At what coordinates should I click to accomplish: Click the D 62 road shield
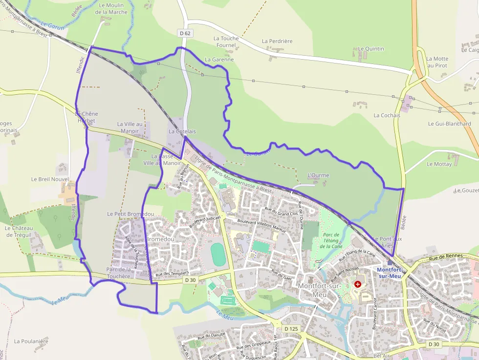coord(184,33)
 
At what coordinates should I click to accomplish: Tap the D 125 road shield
coord(290,329)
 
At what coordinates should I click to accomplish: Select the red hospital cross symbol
coord(358,284)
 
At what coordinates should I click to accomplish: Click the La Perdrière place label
coord(277,41)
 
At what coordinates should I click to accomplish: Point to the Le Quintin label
coord(371,49)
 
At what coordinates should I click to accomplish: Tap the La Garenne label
coord(219,60)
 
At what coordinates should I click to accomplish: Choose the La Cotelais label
coord(182,131)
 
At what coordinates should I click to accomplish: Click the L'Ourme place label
coord(318,175)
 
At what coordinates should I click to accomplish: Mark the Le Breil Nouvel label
coord(50,179)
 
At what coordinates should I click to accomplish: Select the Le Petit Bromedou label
coord(131,214)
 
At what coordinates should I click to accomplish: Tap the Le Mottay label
coord(439,164)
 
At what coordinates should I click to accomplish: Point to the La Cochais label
coord(387,115)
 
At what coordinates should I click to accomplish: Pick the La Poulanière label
coord(31,341)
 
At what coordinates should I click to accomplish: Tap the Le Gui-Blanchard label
coord(449,124)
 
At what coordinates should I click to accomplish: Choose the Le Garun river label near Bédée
coord(53,25)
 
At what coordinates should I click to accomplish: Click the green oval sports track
coord(218,254)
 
